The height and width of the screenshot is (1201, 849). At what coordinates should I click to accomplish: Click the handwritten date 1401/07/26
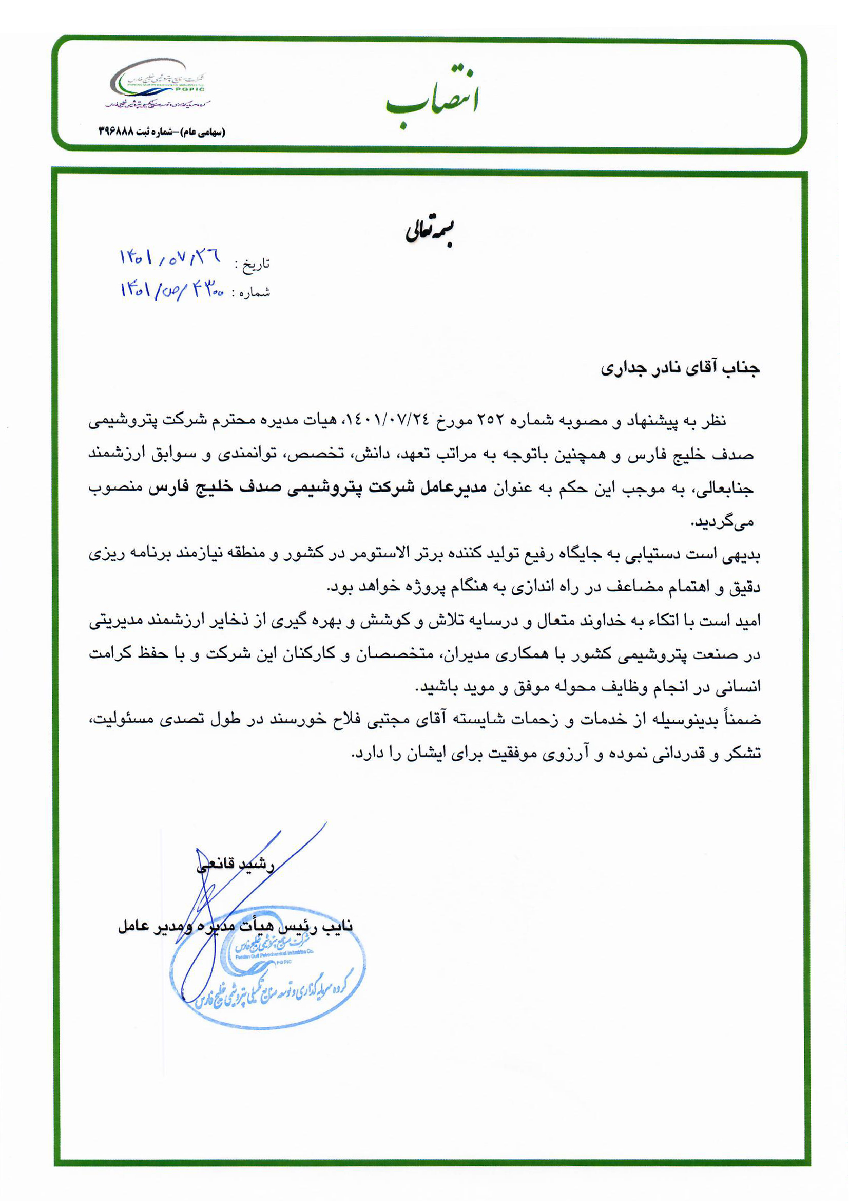coord(170,257)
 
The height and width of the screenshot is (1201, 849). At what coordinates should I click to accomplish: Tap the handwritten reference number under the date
coord(172,289)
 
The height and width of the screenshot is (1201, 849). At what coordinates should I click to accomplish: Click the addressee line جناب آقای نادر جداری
coord(680,368)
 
